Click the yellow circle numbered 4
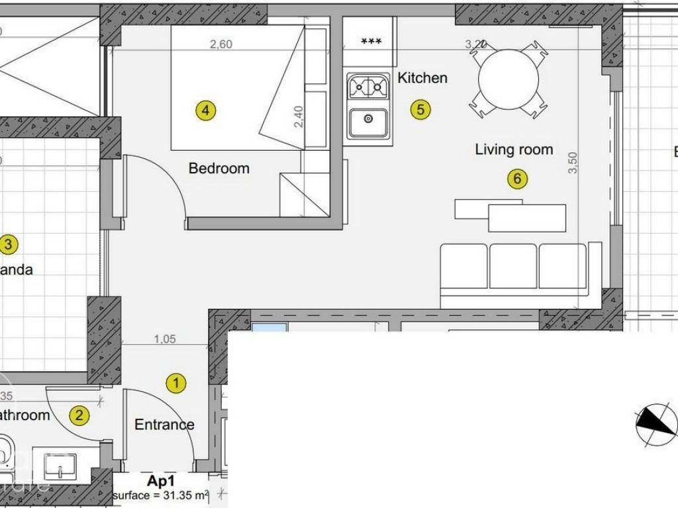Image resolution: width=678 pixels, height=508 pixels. click(x=206, y=110)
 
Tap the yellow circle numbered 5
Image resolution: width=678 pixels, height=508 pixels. click(x=420, y=109)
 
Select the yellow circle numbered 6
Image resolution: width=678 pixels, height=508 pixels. click(x=517, y=178)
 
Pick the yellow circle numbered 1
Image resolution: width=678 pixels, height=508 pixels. click(x=175, y=382)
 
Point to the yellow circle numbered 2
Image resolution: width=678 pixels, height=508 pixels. click(x=79, y=415)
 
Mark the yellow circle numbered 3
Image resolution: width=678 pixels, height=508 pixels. click(x=8, y=245)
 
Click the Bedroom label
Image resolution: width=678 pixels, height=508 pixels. click(x=219, y=168)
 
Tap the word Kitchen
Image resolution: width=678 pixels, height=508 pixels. click(x=422, y=77)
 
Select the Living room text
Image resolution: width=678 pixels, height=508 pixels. click(x=514, y=149)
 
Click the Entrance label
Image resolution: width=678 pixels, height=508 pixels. click(x=164, y=425)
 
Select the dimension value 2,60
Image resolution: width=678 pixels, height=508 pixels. click(x=221, y=44)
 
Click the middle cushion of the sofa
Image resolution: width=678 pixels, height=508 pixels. click(x=514, y=266)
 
